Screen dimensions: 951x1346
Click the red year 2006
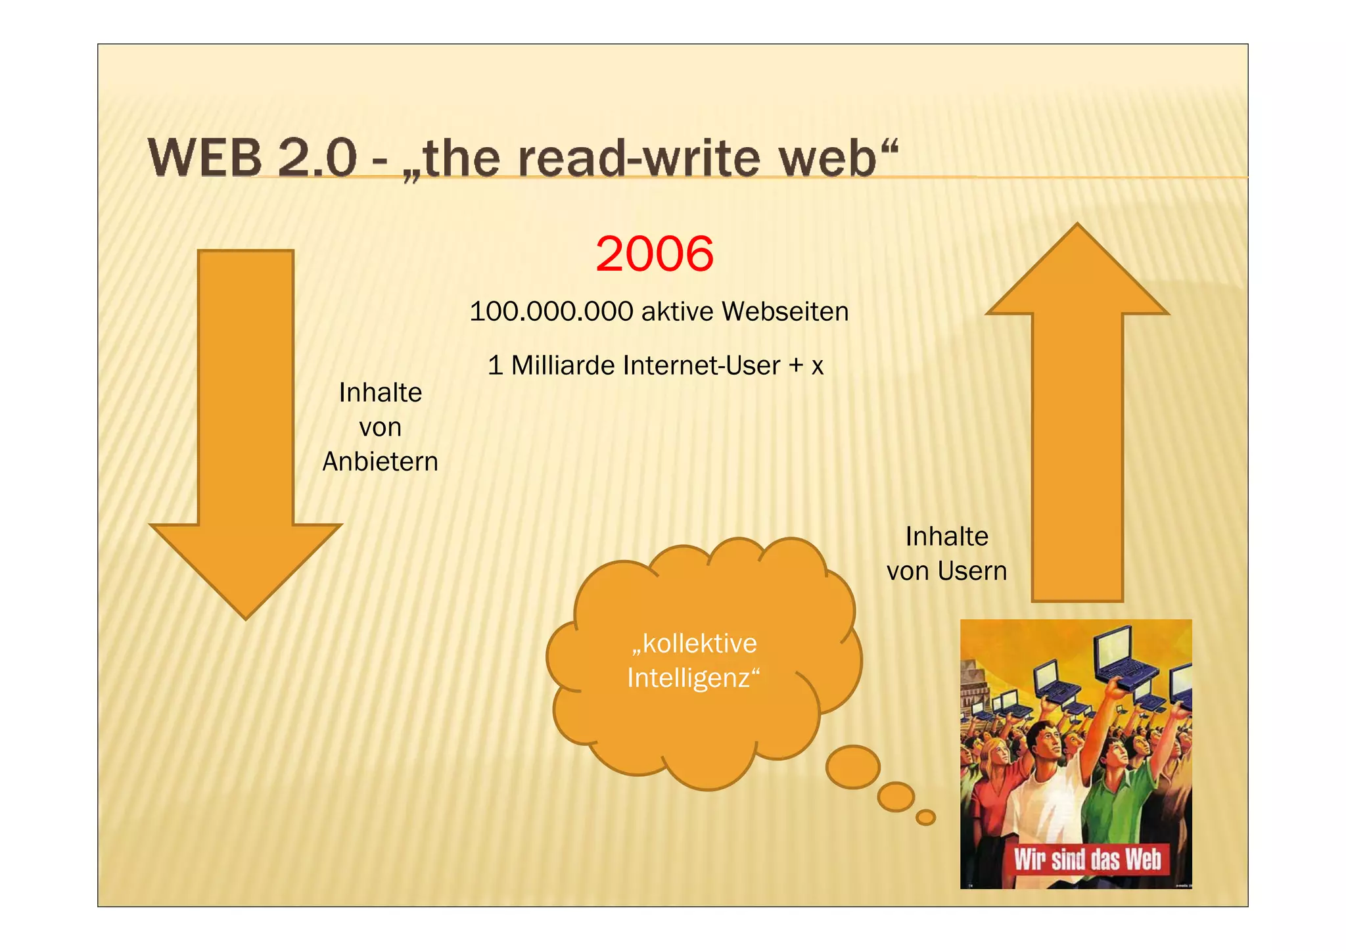[x=655, y=254]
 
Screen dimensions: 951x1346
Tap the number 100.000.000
[x=551, y=312]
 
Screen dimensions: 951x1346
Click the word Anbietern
[x=380, y=462]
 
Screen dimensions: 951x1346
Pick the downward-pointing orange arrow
[x=245, y=427]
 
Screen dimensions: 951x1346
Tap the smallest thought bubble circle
[x=925, y=817]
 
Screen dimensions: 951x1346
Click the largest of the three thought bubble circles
[x=852, y=766]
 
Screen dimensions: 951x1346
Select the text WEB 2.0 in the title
[x=252, y=158]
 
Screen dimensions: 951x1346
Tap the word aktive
[x=677, y=312]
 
